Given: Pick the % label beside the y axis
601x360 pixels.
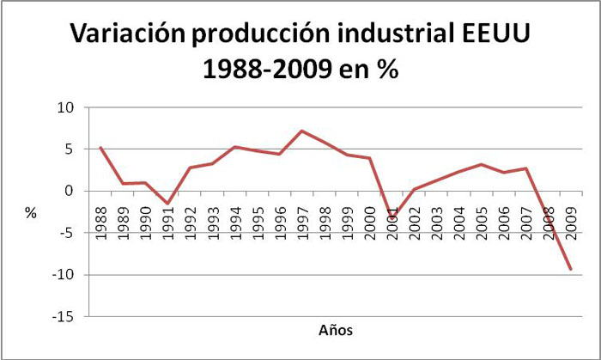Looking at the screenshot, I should (x=31, y=213).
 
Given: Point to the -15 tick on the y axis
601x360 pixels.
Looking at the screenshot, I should (x=65, y=317).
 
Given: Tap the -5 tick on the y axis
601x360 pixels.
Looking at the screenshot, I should (x=68, y=233).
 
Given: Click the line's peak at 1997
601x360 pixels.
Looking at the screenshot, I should (x=301, y=131).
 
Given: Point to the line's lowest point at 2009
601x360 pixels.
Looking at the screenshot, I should (x=569, y=269).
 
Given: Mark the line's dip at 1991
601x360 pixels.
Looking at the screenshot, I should (x=168, y=204).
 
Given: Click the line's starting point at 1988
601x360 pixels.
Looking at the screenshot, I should (x=102, y=148).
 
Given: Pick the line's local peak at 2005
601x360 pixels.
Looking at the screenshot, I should (x=481, y=164).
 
